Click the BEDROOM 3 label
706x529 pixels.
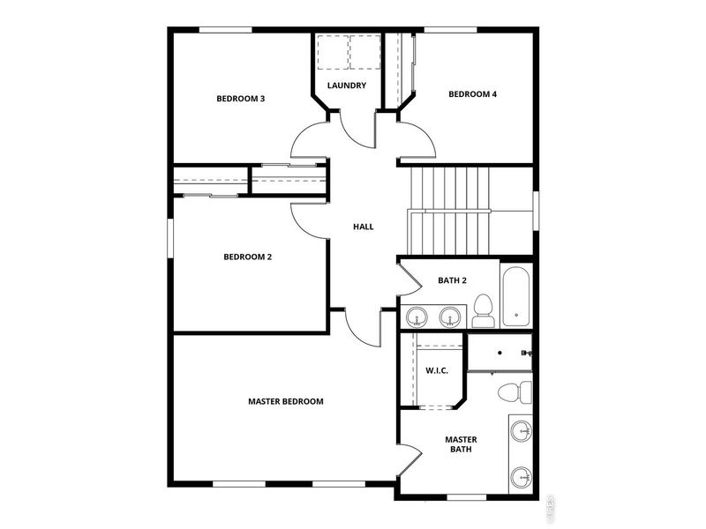241,99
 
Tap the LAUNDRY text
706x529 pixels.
346,86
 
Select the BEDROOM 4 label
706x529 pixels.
472,94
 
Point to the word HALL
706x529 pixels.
363,227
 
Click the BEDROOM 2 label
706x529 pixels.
247,257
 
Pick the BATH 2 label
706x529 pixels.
452,281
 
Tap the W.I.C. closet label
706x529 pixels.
437,370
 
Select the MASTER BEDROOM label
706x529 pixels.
285,401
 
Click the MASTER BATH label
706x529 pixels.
460,443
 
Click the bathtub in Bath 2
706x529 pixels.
516,294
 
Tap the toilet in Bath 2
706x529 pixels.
483,309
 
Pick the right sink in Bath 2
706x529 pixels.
451,316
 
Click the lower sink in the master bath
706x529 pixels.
522,477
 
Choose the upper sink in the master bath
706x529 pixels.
522,431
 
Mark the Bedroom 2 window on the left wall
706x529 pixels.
170,238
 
